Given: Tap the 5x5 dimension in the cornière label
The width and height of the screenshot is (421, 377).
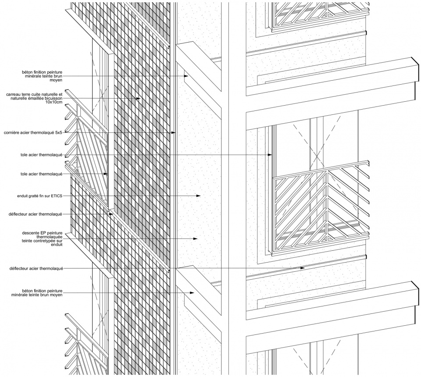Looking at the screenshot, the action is pyautogui.click(x=59, y=132).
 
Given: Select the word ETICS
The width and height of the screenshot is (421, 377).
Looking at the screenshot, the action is pyautogui.click(x=57, y=196).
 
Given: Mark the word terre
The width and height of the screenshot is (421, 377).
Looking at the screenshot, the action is pyautogui.click(x=25, y=94).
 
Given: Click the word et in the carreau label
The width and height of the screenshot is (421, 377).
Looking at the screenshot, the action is pyautogui.click(x=61, y=94).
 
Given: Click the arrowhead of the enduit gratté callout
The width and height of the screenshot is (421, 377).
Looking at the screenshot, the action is pyautogui.click(x=198, y=196).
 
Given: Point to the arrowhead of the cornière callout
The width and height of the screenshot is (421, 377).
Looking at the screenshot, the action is pyautogui.click(x=174, y=132).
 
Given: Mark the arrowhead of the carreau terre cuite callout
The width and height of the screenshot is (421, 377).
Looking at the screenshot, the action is pyautogui.click(x=138, y=99).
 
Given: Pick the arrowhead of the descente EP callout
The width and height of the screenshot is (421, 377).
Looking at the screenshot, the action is pyautogui.click(x=196, y=238).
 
